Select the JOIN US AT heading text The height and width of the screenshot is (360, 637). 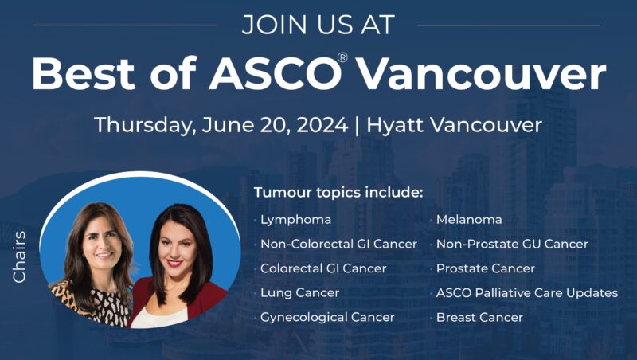point(318,25)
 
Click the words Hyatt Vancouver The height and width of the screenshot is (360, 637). point(455,125)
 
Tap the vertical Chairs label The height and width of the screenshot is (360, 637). point(20,256)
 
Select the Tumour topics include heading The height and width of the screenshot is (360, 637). point(338,194)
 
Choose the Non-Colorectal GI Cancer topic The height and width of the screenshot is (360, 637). point(338,244)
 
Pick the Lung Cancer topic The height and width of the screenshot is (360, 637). point(300,292)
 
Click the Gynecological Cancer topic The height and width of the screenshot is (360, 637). point(327,317)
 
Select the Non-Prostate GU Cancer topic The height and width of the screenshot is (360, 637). point(512,244)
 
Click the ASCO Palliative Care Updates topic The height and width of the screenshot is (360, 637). point(526,292)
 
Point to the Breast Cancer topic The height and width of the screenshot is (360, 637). point(479,317)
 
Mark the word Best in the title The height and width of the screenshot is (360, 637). point(80,74)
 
